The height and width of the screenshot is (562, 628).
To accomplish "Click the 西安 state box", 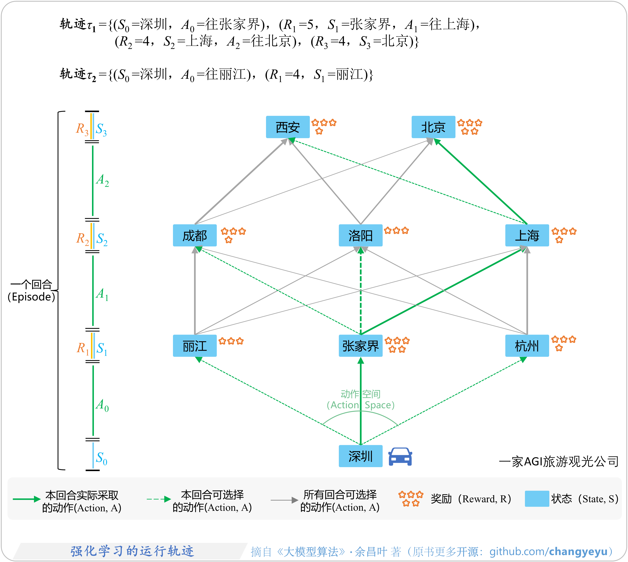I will tap(288, 127).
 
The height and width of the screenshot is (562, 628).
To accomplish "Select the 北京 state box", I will tap(433, 127).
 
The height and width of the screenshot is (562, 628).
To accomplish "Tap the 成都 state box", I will tap(194, 235).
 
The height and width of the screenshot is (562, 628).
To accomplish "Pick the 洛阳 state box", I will tap(360, 235).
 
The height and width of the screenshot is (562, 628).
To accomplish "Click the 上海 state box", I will tap(527, 235).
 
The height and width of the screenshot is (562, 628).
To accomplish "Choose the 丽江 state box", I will tap(194, 345).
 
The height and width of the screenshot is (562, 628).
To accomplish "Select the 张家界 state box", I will tap(360, 345).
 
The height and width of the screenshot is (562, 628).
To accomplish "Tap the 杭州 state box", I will tap(527, 345).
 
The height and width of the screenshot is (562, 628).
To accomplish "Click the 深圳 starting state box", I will tap(360, 456).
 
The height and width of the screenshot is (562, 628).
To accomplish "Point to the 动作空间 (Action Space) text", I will tap(360, 399).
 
